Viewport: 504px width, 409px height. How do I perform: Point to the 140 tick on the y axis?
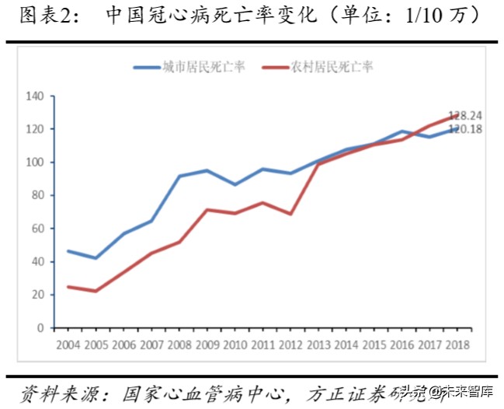[x=34, y=96]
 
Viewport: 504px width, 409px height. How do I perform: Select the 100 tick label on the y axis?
[x=34, y=163]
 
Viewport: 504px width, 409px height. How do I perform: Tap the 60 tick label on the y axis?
[x=36, y=229]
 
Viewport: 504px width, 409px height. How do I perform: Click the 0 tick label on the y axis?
[x=40, y=328]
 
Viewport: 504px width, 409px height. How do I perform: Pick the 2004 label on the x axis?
[x=68, y=342]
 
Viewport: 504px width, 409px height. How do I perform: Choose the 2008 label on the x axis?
[x=179, y=342]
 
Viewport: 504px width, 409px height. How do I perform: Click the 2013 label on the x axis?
[x=318, y=342]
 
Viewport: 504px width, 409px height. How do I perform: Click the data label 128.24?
[x=465, y=115]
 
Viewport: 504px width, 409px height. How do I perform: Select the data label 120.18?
[x=465, y=129]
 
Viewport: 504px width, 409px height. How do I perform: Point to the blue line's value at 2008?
[x=179, y=176]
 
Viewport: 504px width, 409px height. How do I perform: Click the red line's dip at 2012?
[x=290, y=214]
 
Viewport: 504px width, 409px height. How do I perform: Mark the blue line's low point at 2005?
[x=96, y=258]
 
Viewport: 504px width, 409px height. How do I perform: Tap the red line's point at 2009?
[x=207, y=209]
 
